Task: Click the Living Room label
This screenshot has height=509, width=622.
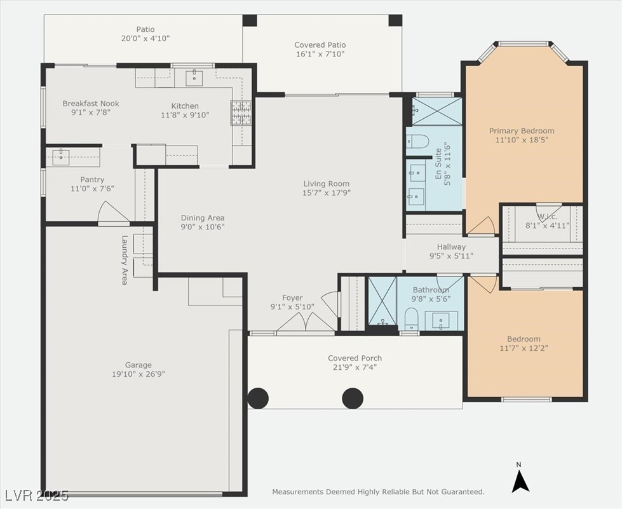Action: click(x=326, y=184)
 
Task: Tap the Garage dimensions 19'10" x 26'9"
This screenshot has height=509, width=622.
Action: click(x=139, y=374)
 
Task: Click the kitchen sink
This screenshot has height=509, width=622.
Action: click(x=194, y=76)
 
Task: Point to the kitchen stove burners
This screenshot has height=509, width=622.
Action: click(x=241, y=112)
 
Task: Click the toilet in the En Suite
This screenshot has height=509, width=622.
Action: click(x=417, y=141)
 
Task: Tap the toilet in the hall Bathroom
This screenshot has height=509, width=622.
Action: click(x=411, y=318)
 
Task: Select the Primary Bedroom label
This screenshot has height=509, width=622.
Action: click(x=521, y=130)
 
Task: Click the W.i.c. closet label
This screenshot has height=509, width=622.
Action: click(x=548, y=217)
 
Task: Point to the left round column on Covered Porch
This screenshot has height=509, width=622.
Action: click(x=258, y=398)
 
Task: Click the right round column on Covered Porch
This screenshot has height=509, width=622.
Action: click(x=353, y=398)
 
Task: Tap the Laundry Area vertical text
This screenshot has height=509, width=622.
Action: click(x=125, y=261)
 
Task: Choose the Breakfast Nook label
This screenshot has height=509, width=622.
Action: click(x=91, y=103)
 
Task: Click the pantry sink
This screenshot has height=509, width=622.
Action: click(x=61, y=157)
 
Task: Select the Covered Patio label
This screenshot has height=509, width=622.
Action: click(x=320, y=45)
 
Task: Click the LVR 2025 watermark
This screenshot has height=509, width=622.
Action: click(x=37, y=495)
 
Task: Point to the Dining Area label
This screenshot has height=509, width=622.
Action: click(x=203, y=218)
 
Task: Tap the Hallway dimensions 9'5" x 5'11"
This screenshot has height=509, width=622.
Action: click(x=452, y=256)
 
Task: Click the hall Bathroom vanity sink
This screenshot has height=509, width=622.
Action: click(x=441, y=320)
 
